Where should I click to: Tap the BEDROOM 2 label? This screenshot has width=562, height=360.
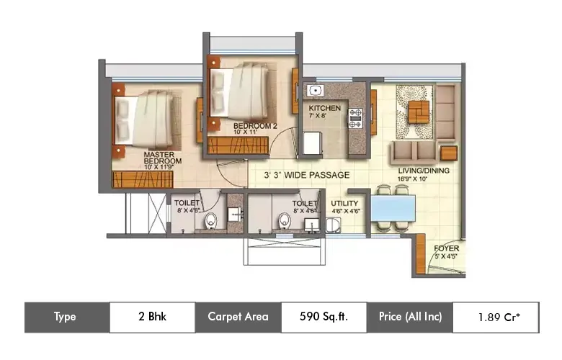click(253, 126)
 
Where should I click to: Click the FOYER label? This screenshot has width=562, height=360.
click(446, 249)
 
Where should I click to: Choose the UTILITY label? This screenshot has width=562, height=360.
click(344, 204)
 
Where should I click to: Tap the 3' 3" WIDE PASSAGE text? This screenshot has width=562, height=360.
click(306, 175)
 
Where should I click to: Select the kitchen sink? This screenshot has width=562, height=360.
click(314, 91)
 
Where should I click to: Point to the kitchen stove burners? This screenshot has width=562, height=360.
click(355, 118)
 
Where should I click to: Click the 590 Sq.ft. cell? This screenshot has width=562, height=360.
click(324, 316)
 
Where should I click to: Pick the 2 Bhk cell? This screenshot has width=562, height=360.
click(152, 316)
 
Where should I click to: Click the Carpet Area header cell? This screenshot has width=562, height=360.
click(238, 316)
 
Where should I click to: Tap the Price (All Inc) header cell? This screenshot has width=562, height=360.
click(410, 316)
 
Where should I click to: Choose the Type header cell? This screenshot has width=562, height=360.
click(67, 316)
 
